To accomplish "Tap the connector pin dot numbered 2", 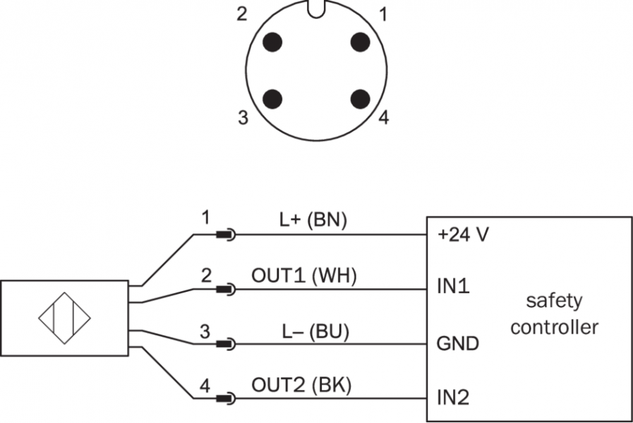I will tap(272, 42).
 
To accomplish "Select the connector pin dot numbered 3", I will tap(272, 98).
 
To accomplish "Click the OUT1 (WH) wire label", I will tap(304, 276).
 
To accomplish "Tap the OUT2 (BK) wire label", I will tap(302, 385).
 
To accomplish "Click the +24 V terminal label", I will tap(463, 235).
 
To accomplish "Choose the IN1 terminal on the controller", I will tap(454, 288).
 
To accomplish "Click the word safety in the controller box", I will tap(555, 301).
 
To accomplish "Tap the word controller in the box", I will tap(555, 328).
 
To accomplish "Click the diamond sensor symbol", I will tap(65, 317).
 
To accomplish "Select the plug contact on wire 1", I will tap(227, 235).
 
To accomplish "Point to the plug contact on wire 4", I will tap(227, 399).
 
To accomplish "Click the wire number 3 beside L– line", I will tap(205, 331).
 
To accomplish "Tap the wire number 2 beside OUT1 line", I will tap(205, 276).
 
